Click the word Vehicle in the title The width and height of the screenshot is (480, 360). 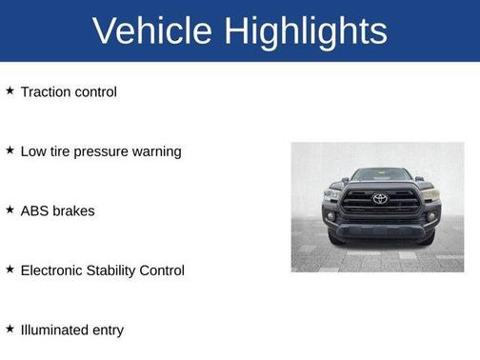151,31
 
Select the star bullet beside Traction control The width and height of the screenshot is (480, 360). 10,91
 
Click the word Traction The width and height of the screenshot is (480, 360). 46,92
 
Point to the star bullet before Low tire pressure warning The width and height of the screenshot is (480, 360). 10,150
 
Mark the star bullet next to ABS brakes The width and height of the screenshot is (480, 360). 10,210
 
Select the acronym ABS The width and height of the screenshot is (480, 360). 34,210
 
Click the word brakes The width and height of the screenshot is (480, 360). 73,210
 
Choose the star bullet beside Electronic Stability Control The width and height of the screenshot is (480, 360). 10,270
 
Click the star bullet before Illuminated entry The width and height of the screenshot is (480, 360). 10,329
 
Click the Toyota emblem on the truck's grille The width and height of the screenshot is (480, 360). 380,199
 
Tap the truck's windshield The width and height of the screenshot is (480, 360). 379,175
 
